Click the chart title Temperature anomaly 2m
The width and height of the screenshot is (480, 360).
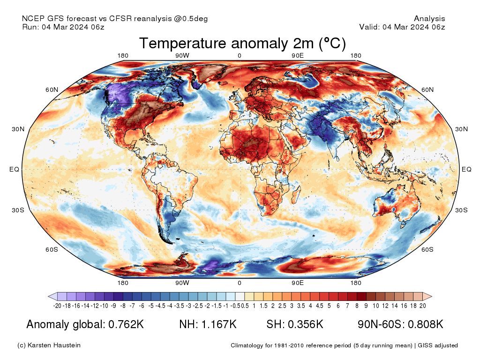(242, 44)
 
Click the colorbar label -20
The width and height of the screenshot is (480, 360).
(57, 306)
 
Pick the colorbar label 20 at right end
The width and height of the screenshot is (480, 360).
(422, 306)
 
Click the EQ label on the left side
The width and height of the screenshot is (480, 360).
(14, 169)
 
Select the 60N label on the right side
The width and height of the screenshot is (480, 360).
(427, 90)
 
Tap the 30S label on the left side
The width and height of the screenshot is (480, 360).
(17, 210)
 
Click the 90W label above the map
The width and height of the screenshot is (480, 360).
(182, 56)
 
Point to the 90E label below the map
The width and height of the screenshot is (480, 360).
(298, 283)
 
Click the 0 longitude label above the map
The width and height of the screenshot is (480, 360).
(240, 56)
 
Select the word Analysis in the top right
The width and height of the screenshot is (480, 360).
(429, 19)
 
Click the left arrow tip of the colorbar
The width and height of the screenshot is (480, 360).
(50, 296)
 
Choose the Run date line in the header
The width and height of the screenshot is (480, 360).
(63, 27)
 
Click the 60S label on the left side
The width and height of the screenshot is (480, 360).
(52, 249)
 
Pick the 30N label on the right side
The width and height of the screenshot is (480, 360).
(462, 129)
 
